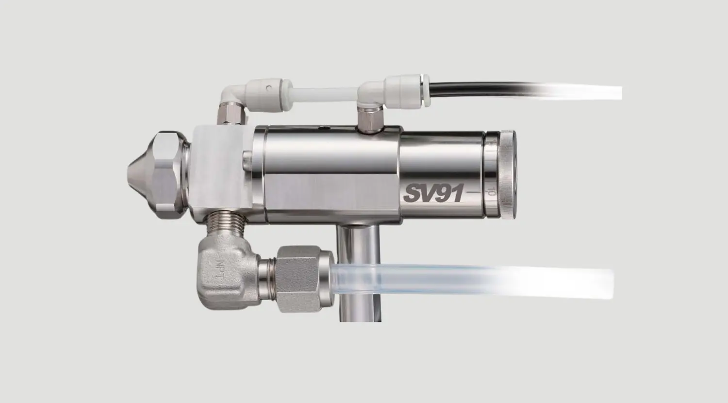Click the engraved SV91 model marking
click(432, 194)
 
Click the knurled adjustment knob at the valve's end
click(507, 175)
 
